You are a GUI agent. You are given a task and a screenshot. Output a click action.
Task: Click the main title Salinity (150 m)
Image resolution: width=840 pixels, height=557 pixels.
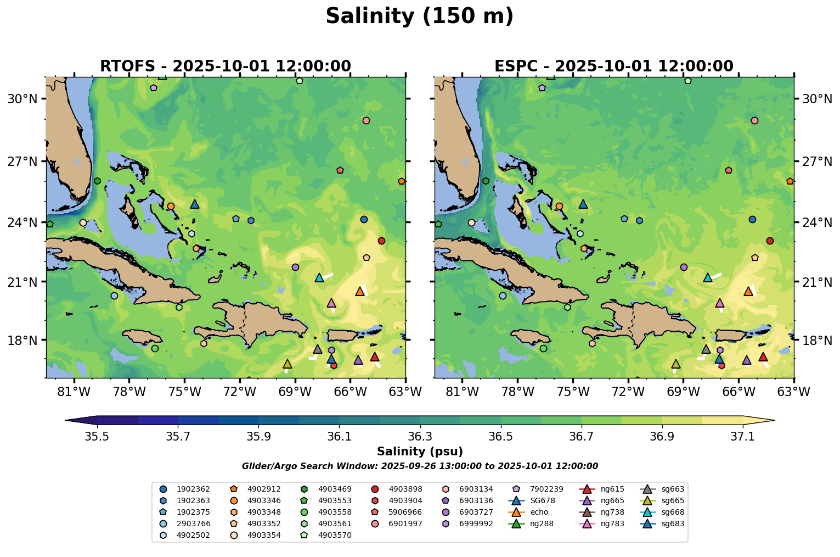pos(419,16)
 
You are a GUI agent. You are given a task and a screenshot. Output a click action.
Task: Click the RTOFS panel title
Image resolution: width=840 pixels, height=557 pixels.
pos(225,66)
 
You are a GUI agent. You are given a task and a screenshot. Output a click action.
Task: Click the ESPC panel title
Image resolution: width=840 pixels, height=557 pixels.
pos(613,66)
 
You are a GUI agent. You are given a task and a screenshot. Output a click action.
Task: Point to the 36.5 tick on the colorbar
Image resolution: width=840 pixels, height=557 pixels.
pos(500,436)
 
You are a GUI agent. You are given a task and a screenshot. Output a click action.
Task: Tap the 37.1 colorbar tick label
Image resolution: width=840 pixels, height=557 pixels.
pos(743,436)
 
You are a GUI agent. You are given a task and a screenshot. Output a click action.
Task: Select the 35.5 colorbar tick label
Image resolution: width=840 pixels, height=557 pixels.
pos(97,436)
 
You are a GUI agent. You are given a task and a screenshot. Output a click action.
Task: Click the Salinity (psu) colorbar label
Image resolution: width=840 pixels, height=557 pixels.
pos(420,452)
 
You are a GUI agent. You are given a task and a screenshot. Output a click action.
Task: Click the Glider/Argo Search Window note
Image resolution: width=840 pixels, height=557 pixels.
pos(420,466)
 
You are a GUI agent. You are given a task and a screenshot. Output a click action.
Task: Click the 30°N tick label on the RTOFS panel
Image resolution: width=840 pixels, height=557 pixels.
pos(22,99)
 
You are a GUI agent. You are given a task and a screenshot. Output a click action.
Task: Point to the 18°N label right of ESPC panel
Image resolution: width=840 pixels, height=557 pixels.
pos(817,340)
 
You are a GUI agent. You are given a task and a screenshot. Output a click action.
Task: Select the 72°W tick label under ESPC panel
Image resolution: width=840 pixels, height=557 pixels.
pos(628,392)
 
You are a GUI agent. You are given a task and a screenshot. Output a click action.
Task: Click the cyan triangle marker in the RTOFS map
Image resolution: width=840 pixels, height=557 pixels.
pos(319,278)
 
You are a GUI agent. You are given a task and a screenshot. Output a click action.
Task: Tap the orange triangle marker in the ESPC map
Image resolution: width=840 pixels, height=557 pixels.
pos(748,291)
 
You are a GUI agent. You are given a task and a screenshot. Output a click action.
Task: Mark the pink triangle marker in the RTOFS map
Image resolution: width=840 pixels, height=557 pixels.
pos(331,303)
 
